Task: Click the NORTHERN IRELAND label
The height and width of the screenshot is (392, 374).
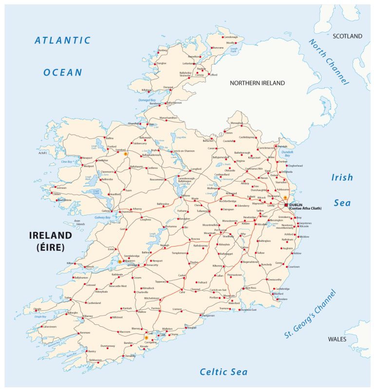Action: pos(257,83)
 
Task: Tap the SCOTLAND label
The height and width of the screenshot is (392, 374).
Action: pos(347,36)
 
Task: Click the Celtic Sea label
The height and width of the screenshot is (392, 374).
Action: pos(224,372)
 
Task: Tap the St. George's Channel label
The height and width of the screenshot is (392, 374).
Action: pos(310,314)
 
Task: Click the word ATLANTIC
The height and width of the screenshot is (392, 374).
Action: pos(62,41)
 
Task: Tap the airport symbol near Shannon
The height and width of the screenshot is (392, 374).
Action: pos(120,262)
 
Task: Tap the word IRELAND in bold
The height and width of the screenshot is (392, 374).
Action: pos(51,235)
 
